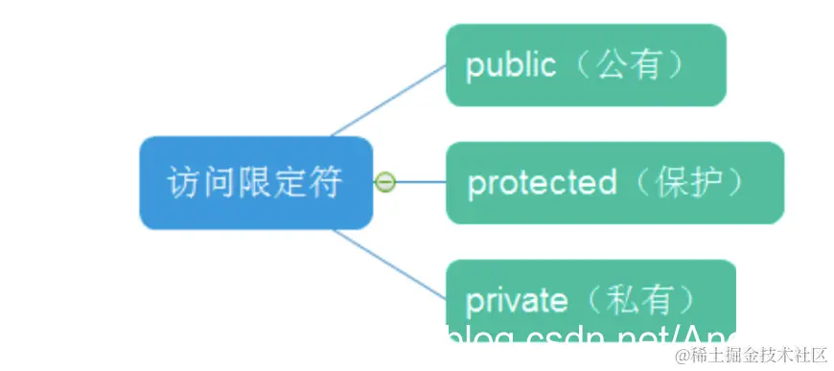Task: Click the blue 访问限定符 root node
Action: coord(255,183)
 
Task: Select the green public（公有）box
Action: coord(586,65)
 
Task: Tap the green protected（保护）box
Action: coord(614,183)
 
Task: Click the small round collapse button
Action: coord(384,182)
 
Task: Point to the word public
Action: coord(510,65)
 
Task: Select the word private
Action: coord(517,301)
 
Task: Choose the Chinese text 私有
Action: coord(647,301)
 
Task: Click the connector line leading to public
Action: coord(388,101)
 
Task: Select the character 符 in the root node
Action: coord(327,183)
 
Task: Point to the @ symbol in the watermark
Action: coord(682,357)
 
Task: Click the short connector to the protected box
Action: coord(422,182)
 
